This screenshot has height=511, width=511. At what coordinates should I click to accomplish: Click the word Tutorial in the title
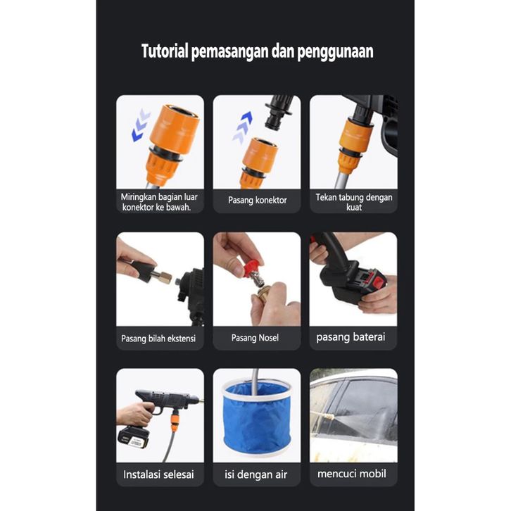tap(165, 51)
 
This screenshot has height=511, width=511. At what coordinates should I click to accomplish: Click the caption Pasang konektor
tap(257, 200)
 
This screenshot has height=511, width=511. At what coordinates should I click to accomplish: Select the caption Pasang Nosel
tap(255, 338)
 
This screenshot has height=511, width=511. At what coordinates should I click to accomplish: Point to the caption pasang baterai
tap(351, 337)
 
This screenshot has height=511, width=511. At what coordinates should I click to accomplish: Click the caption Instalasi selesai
tap(158, 474)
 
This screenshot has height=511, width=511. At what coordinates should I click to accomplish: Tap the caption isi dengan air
tap(255, 474)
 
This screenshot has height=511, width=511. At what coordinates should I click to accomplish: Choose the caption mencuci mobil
tap(352, 474)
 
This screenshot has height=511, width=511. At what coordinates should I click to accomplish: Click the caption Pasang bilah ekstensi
tap(158, 339)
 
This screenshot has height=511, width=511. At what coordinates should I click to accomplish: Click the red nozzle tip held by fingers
tap(251, 268)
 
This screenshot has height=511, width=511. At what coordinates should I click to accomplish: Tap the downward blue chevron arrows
tap(141, 125)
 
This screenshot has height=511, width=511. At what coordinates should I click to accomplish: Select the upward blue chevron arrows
tap(242, 127)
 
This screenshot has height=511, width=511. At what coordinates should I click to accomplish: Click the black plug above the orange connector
tap(278, 113)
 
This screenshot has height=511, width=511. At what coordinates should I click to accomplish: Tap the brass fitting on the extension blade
tap(165, 277)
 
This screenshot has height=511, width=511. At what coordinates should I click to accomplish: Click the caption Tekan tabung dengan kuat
tap(354, 202)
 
